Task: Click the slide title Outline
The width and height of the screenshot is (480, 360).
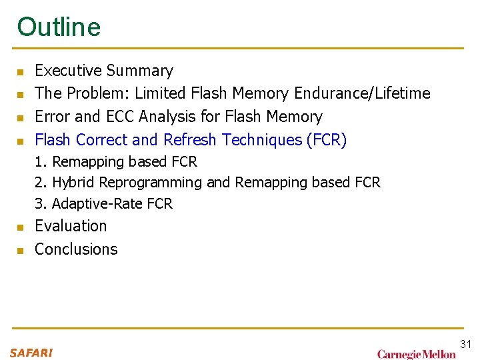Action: tap(59, 27)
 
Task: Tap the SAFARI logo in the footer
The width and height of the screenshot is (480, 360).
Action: tap(31, 353)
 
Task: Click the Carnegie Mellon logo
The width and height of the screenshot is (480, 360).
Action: tap(416, 354)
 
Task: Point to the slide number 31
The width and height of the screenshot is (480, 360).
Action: tap(465, 344)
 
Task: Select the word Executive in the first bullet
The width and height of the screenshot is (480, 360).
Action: tap(68, 71)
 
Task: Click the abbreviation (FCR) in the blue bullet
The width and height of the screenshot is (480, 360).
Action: tap(327, 140)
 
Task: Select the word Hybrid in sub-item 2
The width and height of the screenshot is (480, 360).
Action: tap(73, 183)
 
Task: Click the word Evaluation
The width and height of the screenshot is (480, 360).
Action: tap(71, 226)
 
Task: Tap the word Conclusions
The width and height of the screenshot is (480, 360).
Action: tap(76, 249)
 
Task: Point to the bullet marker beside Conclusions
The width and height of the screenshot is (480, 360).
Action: tap(21, 251)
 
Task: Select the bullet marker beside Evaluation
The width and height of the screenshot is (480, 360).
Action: tap(21, 227)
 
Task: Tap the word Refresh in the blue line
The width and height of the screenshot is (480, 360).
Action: tap(191, 140)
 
